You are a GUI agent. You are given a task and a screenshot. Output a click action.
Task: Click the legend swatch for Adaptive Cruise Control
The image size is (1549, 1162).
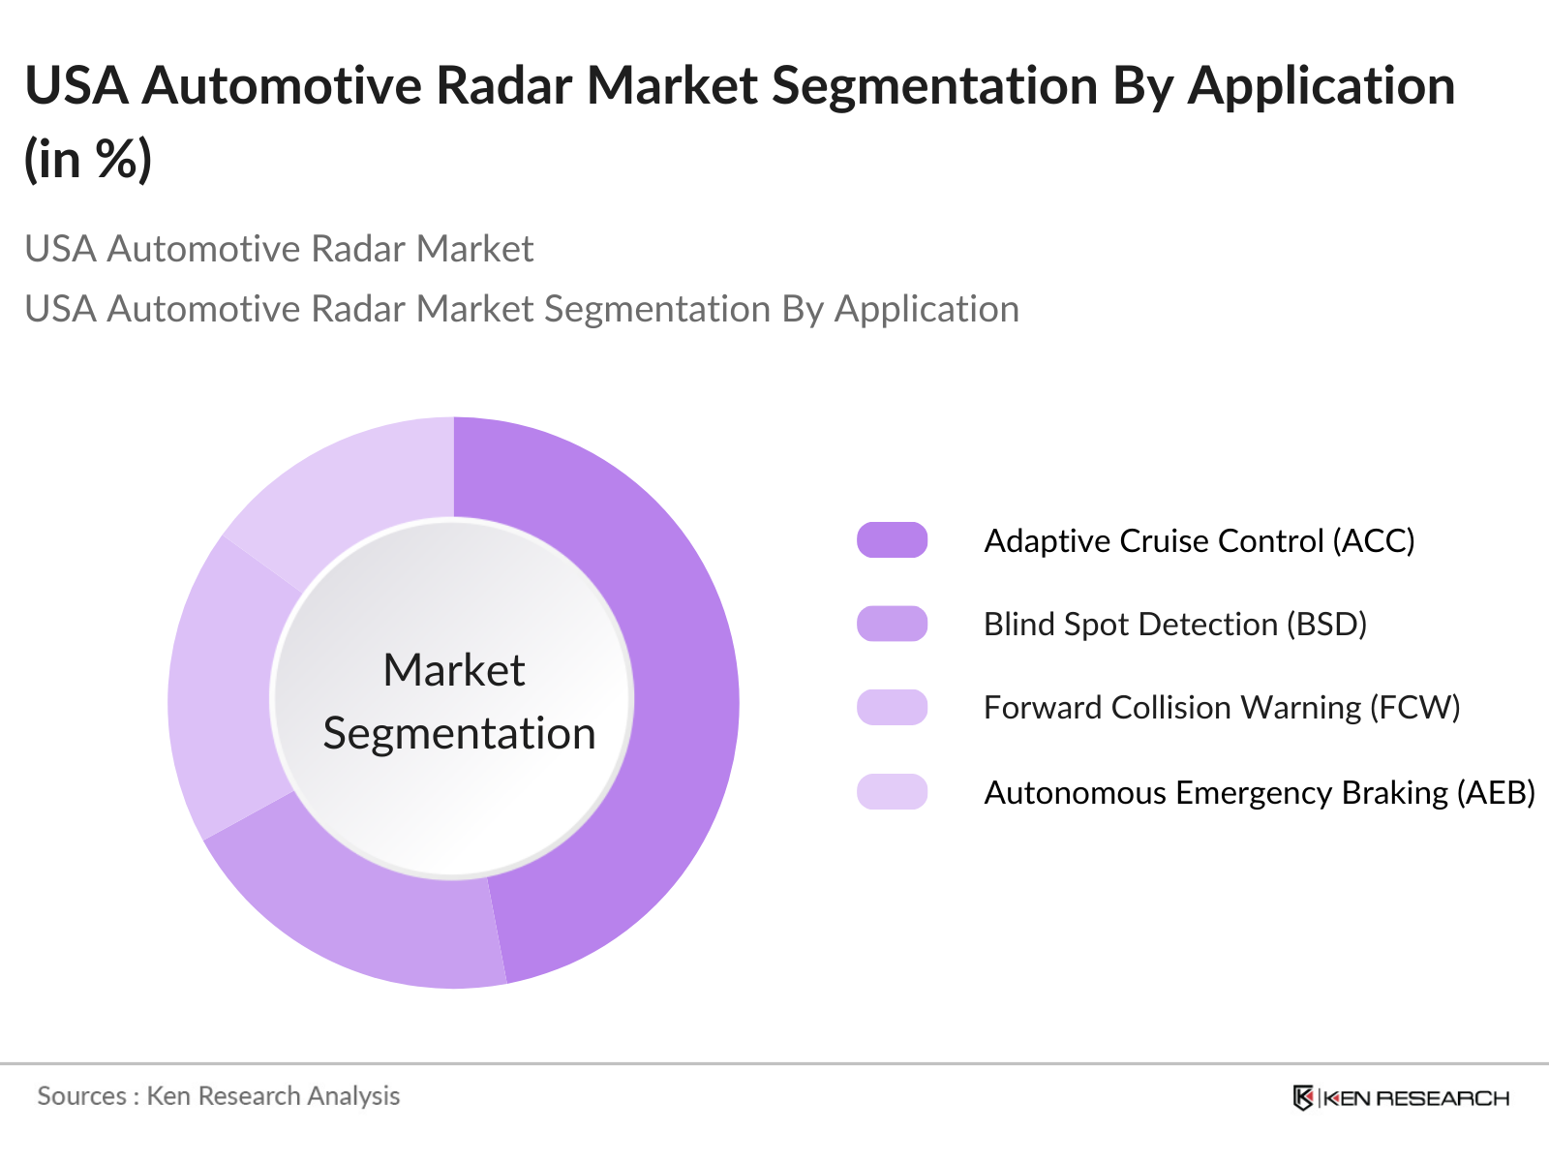(x=892, y=540)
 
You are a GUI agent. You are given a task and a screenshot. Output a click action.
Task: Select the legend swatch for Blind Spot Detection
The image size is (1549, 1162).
(x=892, y=624)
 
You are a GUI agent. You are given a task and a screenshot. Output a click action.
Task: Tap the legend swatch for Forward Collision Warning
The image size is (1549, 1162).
(x=892, y=707)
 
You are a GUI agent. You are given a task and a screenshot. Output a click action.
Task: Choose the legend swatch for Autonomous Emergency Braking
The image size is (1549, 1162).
(x=892, y=792)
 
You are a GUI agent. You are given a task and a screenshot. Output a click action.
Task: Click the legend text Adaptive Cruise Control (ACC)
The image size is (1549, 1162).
(x=1200, y=540)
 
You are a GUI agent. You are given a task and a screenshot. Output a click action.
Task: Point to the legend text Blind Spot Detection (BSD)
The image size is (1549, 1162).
(x=1175, y=624)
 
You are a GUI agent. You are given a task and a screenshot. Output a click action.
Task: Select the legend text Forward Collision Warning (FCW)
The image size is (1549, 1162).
(x=1222, y=707)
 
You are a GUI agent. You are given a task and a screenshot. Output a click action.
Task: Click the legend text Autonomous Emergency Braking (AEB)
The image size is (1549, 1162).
(x=1260, y=792)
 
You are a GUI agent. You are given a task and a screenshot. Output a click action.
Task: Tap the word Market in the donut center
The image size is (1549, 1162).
(x=454, y=670)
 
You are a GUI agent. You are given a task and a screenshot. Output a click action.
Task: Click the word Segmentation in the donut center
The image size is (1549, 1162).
(x=459, y=734)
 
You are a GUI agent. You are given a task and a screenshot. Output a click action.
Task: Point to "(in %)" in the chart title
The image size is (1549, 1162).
(x=88, y=159)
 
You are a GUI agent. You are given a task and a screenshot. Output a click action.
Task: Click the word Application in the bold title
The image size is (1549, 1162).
(x=1321, y=85)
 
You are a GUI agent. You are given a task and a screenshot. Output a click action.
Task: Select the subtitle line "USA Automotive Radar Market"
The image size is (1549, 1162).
(x=279, y=249)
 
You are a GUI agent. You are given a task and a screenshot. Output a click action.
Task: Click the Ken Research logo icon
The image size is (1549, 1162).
(x=1303, y=1097)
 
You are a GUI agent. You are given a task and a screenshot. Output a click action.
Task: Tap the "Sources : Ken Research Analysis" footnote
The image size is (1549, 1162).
(x=219, y=1096)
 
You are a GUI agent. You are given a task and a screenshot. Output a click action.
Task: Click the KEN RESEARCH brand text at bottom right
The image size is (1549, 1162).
(x=1415, y=1098)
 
